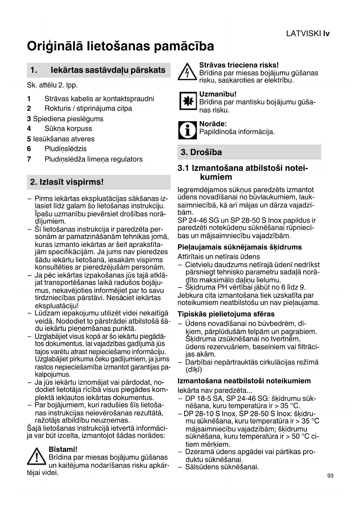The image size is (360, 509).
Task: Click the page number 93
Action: click(x=330, y=476)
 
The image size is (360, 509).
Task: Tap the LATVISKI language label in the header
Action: click(x=303, y=34)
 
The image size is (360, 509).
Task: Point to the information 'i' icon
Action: click(x=187, y=130)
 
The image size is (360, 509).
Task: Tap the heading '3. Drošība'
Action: click(x=201, y=152)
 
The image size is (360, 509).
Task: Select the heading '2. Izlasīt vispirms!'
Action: click(x=67, y=182)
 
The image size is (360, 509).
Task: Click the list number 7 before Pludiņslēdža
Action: click(x=29, y=159)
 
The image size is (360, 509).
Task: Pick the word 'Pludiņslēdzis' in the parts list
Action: click(x=66, y=149)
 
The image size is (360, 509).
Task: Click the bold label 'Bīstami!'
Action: click(x=63, y=450)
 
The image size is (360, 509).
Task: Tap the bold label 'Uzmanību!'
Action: click(x=218, y=94)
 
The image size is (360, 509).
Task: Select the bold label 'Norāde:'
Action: click(x=213, y=124)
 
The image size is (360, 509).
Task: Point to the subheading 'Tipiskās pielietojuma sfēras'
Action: click(x=226, y=314)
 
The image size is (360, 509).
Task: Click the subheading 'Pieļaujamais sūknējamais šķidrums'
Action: click(x=240, y=247)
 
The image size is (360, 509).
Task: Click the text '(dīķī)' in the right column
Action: click(x=194, y=370)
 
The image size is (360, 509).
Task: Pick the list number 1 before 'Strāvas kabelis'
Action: click(x=29, y=99)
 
